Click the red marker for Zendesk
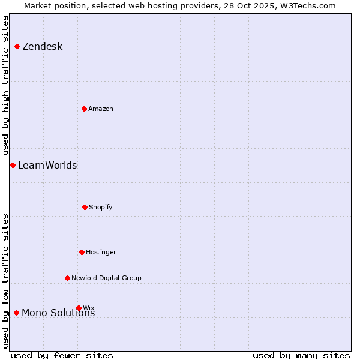tap(17, 46)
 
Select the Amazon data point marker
tap(84, 109)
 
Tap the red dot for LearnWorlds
tap(13, 165)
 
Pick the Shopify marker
tap(85, 207)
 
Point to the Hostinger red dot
tap(82, 252)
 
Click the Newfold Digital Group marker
tap(67, 278)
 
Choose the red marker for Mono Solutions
tap(16, 313)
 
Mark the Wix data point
tap(79, 308)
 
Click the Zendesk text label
tap(42, 47)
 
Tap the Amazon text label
tap(101, 109)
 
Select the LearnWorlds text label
tap(47, 166)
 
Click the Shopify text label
tap(101, 208)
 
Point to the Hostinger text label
tap(101, 253)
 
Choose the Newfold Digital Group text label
tap(106, 278)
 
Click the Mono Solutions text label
tap(58, 313)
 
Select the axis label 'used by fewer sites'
tap(62, 355)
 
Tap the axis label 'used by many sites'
tap(301, 355)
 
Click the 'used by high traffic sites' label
tap(5, 85)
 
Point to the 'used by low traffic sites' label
tap(5, 281)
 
